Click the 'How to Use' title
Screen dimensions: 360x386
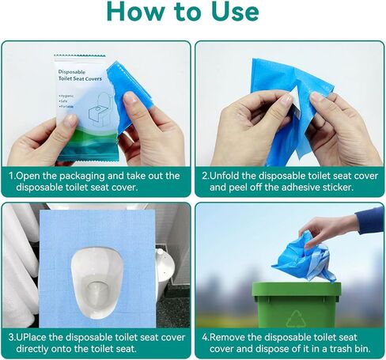[193, 13]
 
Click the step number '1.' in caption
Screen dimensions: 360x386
[13, 176]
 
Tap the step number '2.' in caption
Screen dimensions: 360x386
[205, 176]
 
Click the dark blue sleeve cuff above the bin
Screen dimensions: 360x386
[368, 219]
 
